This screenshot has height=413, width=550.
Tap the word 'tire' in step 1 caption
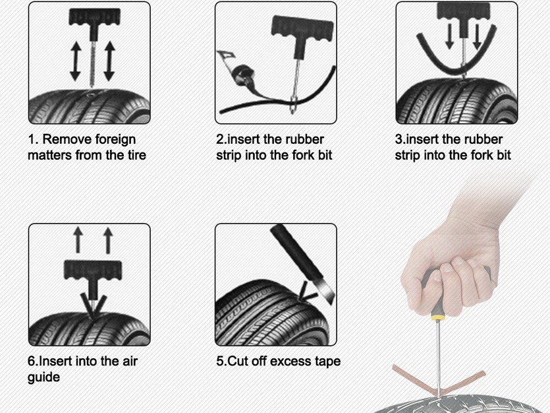pyautogui.click(x=137, y=155)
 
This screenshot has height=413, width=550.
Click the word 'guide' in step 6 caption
pyautogui.click(x=44, y=377)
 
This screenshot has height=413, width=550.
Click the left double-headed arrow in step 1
pyautogui.click(x=76, y=61)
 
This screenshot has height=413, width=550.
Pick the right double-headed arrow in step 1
pyautogui.click(x=109, y=61)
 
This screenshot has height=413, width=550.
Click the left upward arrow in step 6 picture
pyautogui.click(x=78, y=240)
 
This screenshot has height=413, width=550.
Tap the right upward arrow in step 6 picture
pyautogui.click(x=108, y=240)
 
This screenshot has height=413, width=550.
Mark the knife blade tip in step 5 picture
pyautogui.click(x=331, y=304)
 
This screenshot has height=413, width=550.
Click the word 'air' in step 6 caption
pyautogui.click(x=130, y=361)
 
